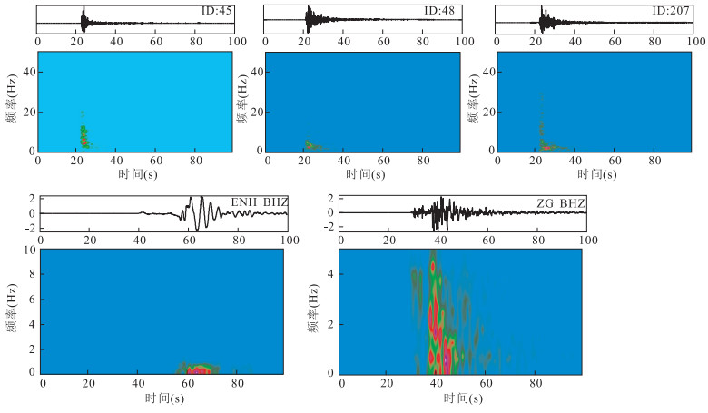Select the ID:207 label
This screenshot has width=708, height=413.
(x=672, y=11)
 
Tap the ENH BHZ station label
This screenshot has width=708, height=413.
(x=259, y=200)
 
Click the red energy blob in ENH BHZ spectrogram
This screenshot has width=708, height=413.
(x=196, y=369)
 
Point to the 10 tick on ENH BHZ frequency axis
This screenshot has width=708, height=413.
(x=30, y=250)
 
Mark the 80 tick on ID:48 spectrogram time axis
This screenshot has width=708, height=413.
(x=424, y=160)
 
